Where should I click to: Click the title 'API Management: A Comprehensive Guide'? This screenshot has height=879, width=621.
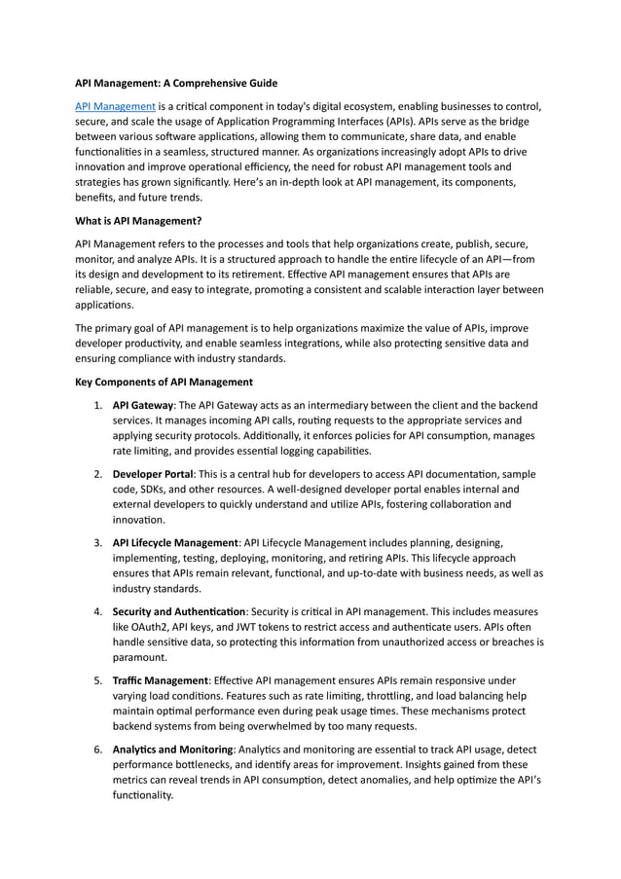pos(176,84)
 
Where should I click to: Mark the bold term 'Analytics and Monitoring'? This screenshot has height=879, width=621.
pos(172,749)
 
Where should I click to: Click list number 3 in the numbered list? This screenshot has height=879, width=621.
pos(97,542)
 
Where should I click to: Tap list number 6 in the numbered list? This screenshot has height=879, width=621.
pos(97,749)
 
